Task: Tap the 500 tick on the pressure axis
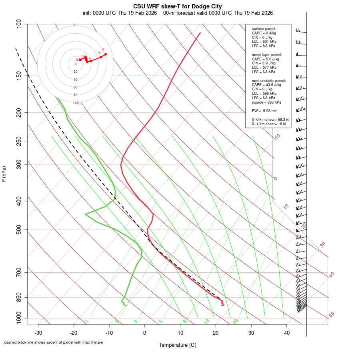pos(20,230)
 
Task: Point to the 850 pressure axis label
pos(20,298)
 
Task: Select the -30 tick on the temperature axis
pos(38,333)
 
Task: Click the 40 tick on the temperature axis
pos(286,333)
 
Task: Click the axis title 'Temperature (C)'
pos(178,345)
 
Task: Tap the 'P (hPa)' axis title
pos(4,174)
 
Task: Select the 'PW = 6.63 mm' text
pos(264,111)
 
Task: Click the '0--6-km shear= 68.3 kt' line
pos(270,120)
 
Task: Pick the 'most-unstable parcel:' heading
pos(266,80)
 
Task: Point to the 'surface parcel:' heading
pos(264,29)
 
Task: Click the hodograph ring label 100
pos(76,103)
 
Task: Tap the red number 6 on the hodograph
pos(103,49)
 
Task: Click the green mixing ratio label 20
pos(236,321)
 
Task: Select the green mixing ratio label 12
pos(207,321)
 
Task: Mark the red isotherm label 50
pos(331,315)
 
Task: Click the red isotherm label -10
pos(276,137)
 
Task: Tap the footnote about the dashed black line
pos(54,342)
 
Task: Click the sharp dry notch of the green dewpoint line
pos(86,214)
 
